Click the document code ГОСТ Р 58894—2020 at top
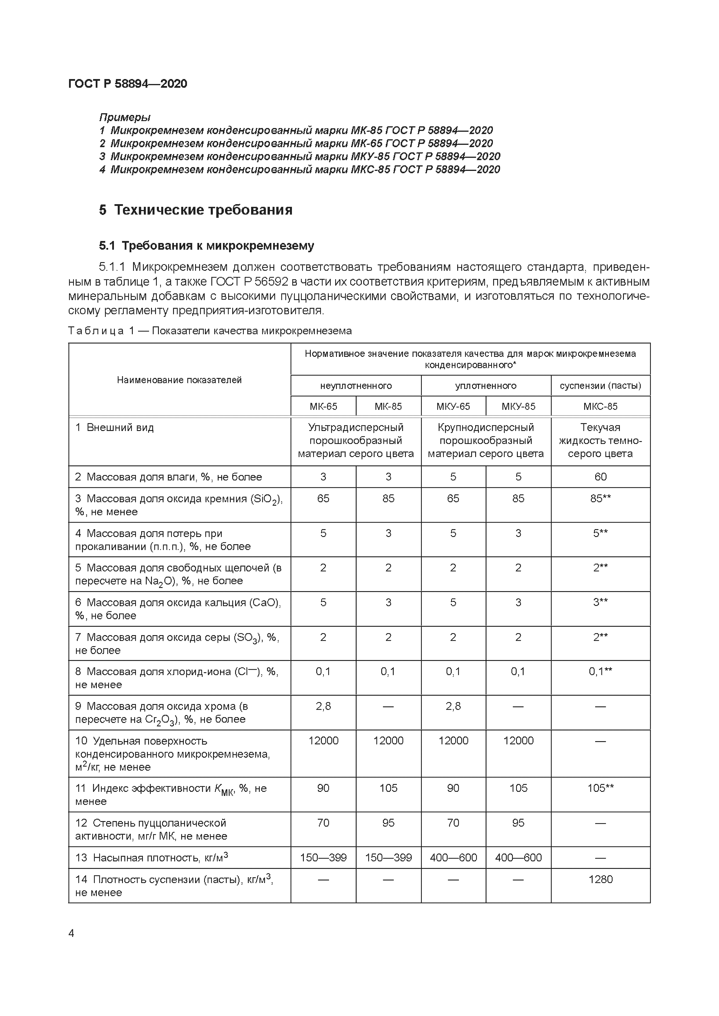[x=128, y=84]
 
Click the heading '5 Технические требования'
[x=195, y=210]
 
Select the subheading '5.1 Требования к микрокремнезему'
[x=206, y=246]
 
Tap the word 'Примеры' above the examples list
[x=124, y=117]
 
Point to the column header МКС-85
[x=600, y=406]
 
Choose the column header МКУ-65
[x=453, y=406]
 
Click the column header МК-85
[x=388, y=406]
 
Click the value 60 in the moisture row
[x=600, y=477]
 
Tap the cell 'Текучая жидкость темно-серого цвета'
[x=600, y=440]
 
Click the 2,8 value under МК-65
[x=323, y=706]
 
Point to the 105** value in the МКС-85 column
[x=600, y=788]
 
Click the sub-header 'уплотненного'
[x=486, y=385]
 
